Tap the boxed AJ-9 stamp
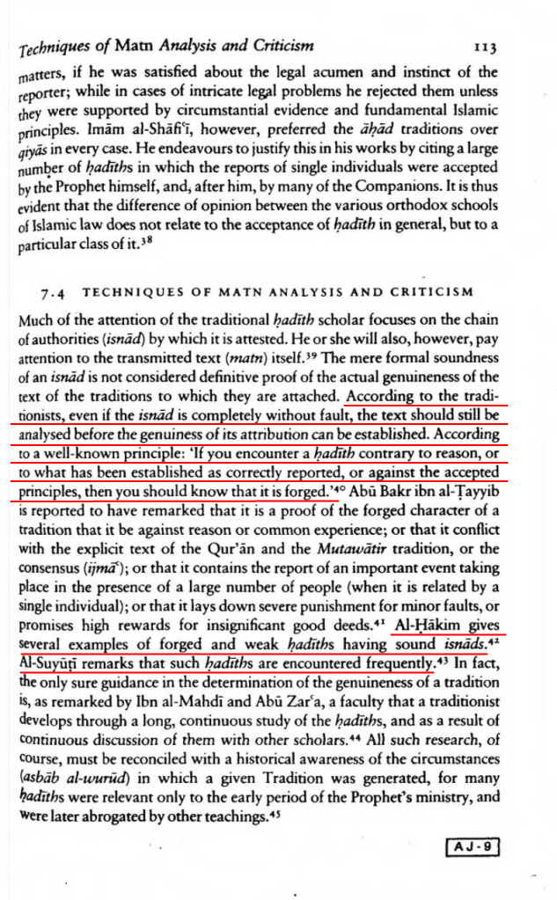(473, 846)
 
